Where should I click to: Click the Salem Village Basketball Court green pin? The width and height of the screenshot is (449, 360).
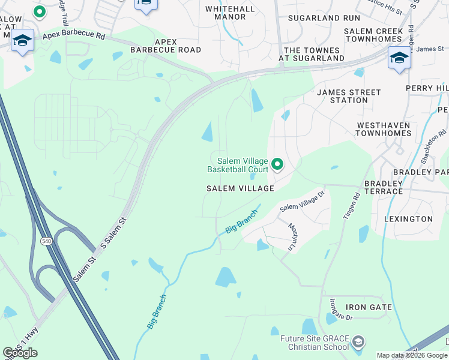277,163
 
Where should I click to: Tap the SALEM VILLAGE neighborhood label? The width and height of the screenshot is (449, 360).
240,188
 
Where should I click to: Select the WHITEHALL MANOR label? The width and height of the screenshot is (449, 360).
226,13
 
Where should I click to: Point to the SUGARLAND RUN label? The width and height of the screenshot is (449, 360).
324,18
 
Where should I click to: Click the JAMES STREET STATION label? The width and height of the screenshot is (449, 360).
349,97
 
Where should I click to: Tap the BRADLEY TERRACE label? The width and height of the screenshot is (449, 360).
384,187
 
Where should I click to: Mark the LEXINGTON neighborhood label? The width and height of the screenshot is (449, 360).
408,219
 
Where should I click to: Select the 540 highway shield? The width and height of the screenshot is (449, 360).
46,241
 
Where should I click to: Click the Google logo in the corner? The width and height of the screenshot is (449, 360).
20,353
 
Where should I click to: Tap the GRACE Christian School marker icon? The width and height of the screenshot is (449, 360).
358,343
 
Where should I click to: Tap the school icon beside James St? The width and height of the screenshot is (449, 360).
399,58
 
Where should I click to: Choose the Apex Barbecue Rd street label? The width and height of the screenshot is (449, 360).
73,37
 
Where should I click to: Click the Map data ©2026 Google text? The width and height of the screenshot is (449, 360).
412,355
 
